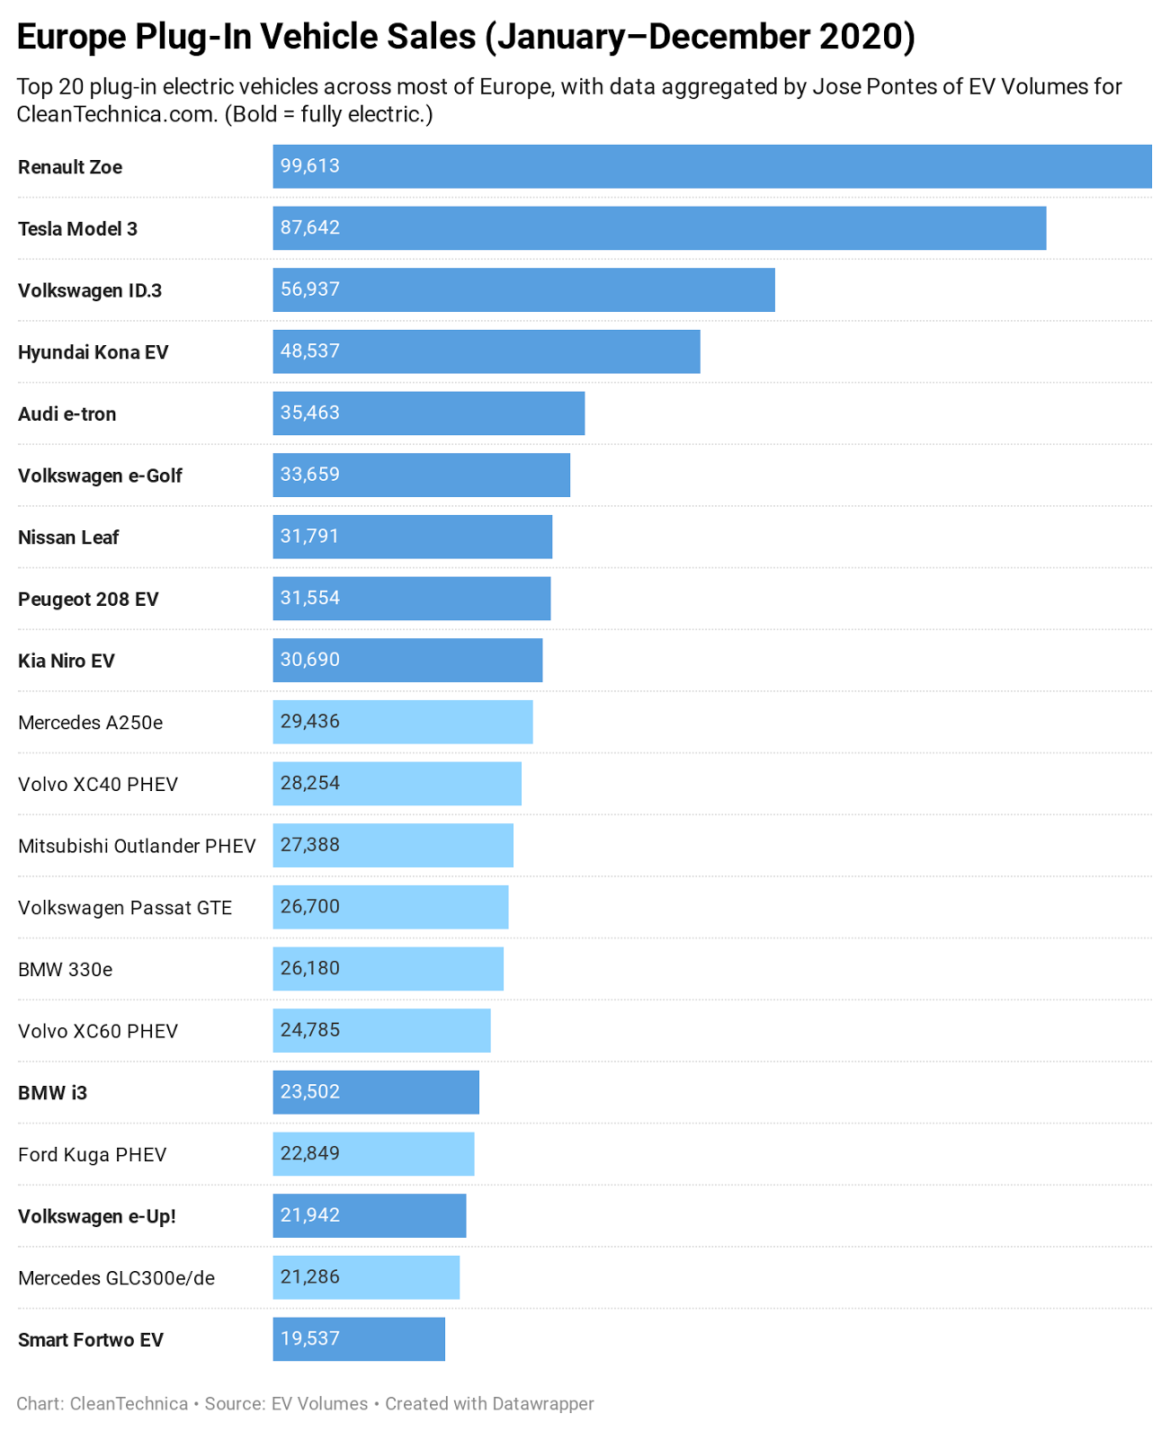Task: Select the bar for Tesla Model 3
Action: click(x=659, y=228)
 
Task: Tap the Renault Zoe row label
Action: click(x=70, y=167)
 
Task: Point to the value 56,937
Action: click(x=310, y=289)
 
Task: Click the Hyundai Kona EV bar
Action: click(x=486, y=351)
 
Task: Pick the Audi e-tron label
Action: click(x=67, y=414)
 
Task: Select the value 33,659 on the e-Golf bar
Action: click(x=310, y=475)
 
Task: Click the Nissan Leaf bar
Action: click(x=413, y=537)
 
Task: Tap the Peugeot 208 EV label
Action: click(x=88, y=600)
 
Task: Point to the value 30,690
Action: click(x=310, y=660)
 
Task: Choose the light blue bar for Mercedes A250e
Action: click(x=403, y=722)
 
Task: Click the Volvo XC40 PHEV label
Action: click(x=98, y=785)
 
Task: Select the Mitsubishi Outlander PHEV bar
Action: click(x=393, y=845)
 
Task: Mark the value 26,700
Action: click(x=310, y=906)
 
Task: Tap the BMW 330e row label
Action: click(x=66, y=970)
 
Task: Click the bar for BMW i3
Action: click(x=376, y=1092)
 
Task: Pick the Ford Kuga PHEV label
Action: click(x=93, y=1155)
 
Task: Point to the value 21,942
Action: click(x=310, y=1215)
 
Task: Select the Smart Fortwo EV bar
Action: click(x=359, y=1339)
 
